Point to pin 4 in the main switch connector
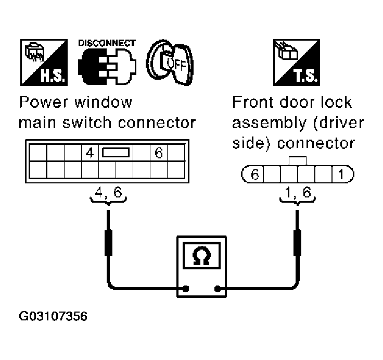(x=90, y=153)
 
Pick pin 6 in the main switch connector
(x=159, y=153)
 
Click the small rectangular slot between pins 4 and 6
(x=116, y=153)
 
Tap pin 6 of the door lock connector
(x=254, y=175)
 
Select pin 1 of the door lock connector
(x=341, y=175)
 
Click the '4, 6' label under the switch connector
(x=108, y=193)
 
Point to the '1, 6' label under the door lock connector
(x=298, y=193)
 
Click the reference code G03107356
(x=53, y=317)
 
